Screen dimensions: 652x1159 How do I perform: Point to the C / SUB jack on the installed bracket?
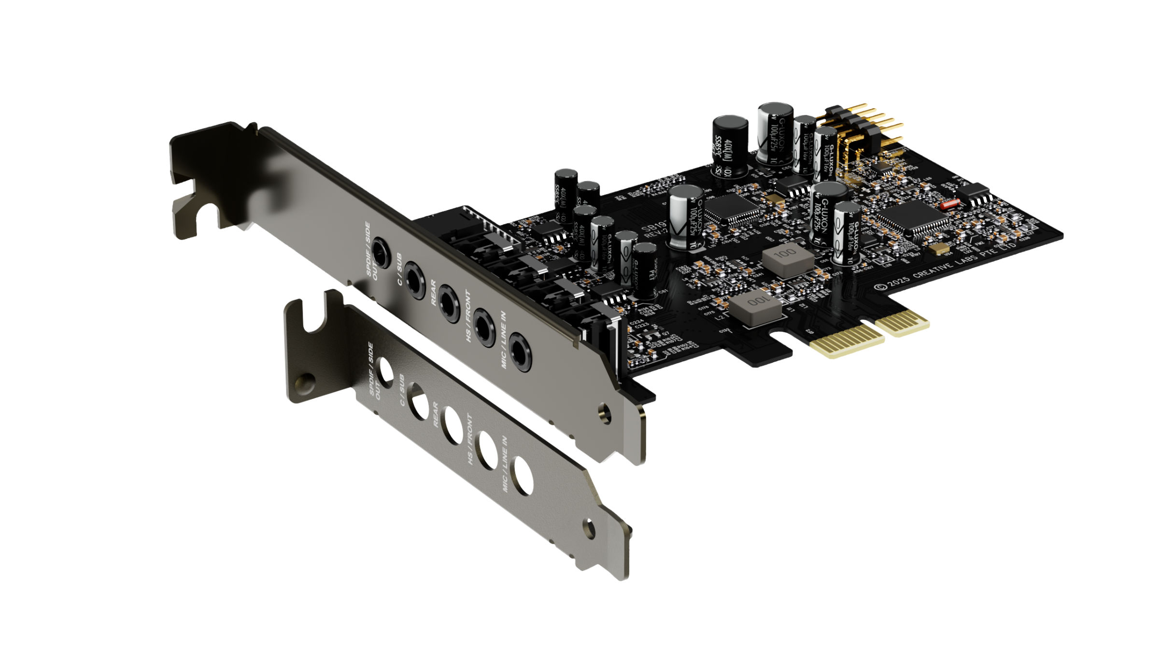[414, 279]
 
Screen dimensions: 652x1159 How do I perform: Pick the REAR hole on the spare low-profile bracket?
[453, 425]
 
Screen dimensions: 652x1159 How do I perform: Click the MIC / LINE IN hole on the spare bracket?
[523, 476]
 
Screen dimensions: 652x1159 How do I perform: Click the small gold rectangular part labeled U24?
[940, 249]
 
